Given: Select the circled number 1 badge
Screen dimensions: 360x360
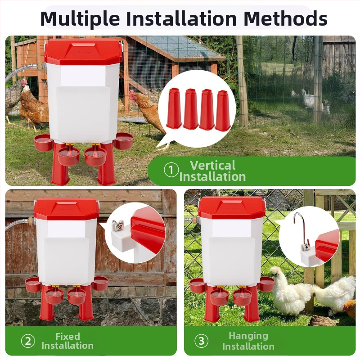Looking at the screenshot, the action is click(171, 170).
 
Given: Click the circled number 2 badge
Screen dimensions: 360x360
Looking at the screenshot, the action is click(28, 341).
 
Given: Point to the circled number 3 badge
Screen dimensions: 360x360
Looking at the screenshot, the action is click(201, 341).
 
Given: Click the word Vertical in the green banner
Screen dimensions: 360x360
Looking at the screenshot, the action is click(213, 165).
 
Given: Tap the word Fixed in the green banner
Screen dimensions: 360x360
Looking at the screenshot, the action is click(68, 336).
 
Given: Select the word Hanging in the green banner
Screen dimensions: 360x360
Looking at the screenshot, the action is click(248, 336).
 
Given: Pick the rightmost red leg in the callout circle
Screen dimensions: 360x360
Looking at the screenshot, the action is click(223, 110).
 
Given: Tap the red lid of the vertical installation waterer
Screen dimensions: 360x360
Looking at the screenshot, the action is click(82, 52).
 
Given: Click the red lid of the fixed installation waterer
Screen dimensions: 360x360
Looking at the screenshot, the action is click(67, 209).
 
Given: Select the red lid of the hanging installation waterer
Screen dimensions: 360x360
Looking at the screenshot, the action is click(231, 209).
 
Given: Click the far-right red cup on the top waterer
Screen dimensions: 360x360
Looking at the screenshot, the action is click(123, 141).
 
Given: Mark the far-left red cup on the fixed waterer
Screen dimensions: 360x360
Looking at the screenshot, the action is click(33, 285).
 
